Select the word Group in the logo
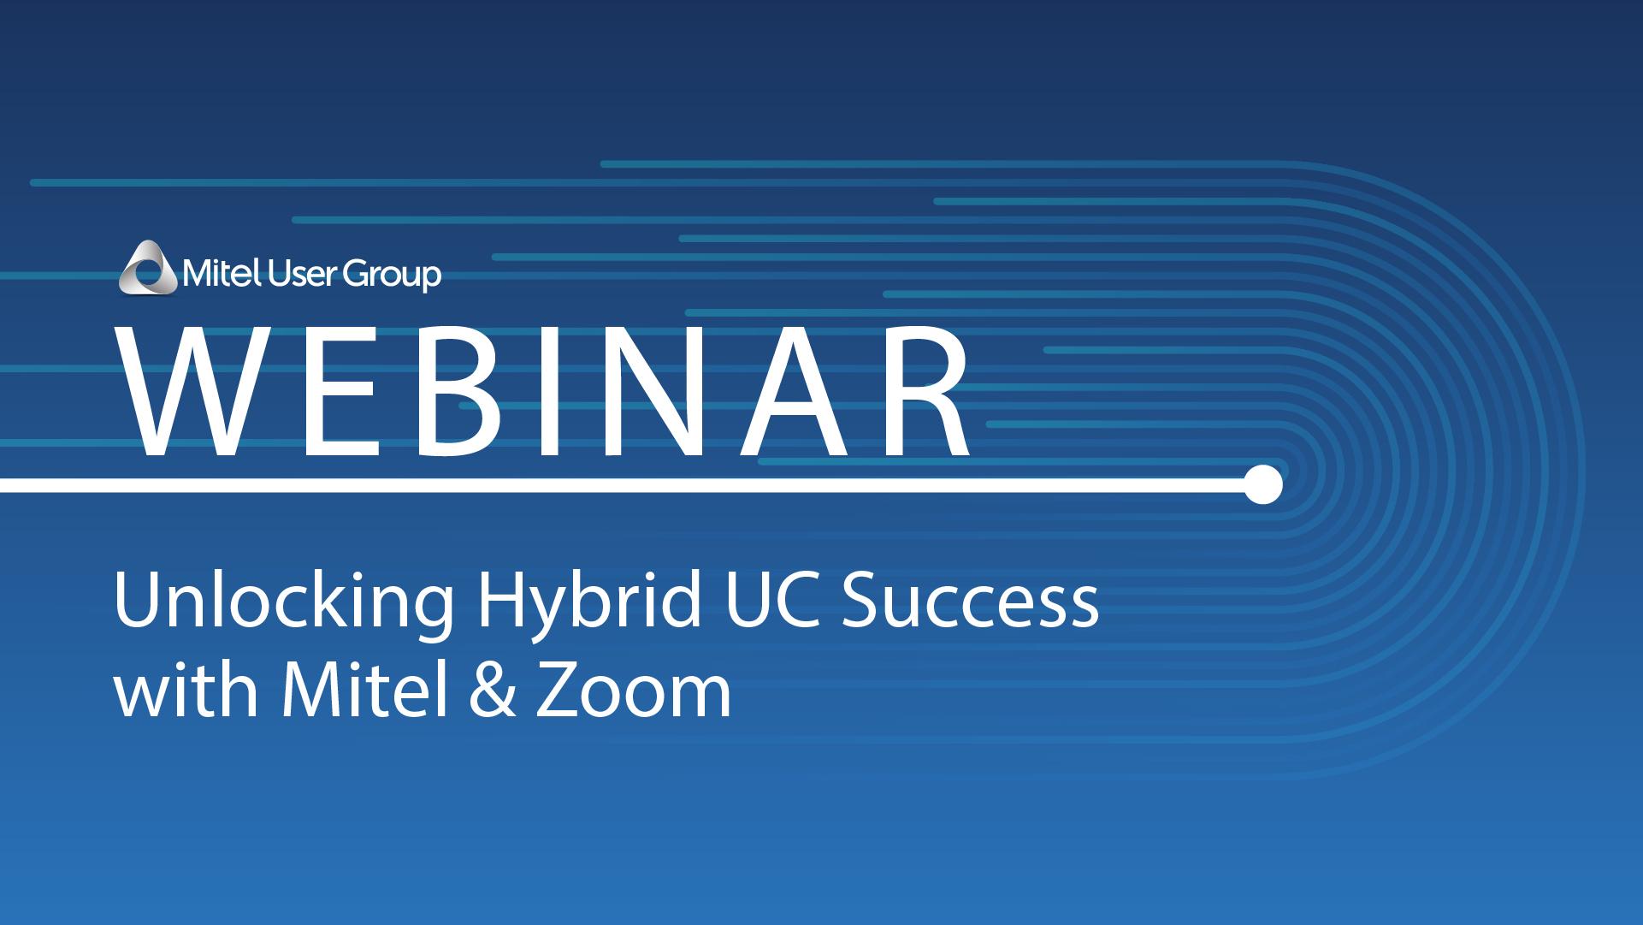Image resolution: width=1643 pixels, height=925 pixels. click(x=387, y=276)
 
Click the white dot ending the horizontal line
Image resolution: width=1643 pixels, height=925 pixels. click(x=1263, y=484)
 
